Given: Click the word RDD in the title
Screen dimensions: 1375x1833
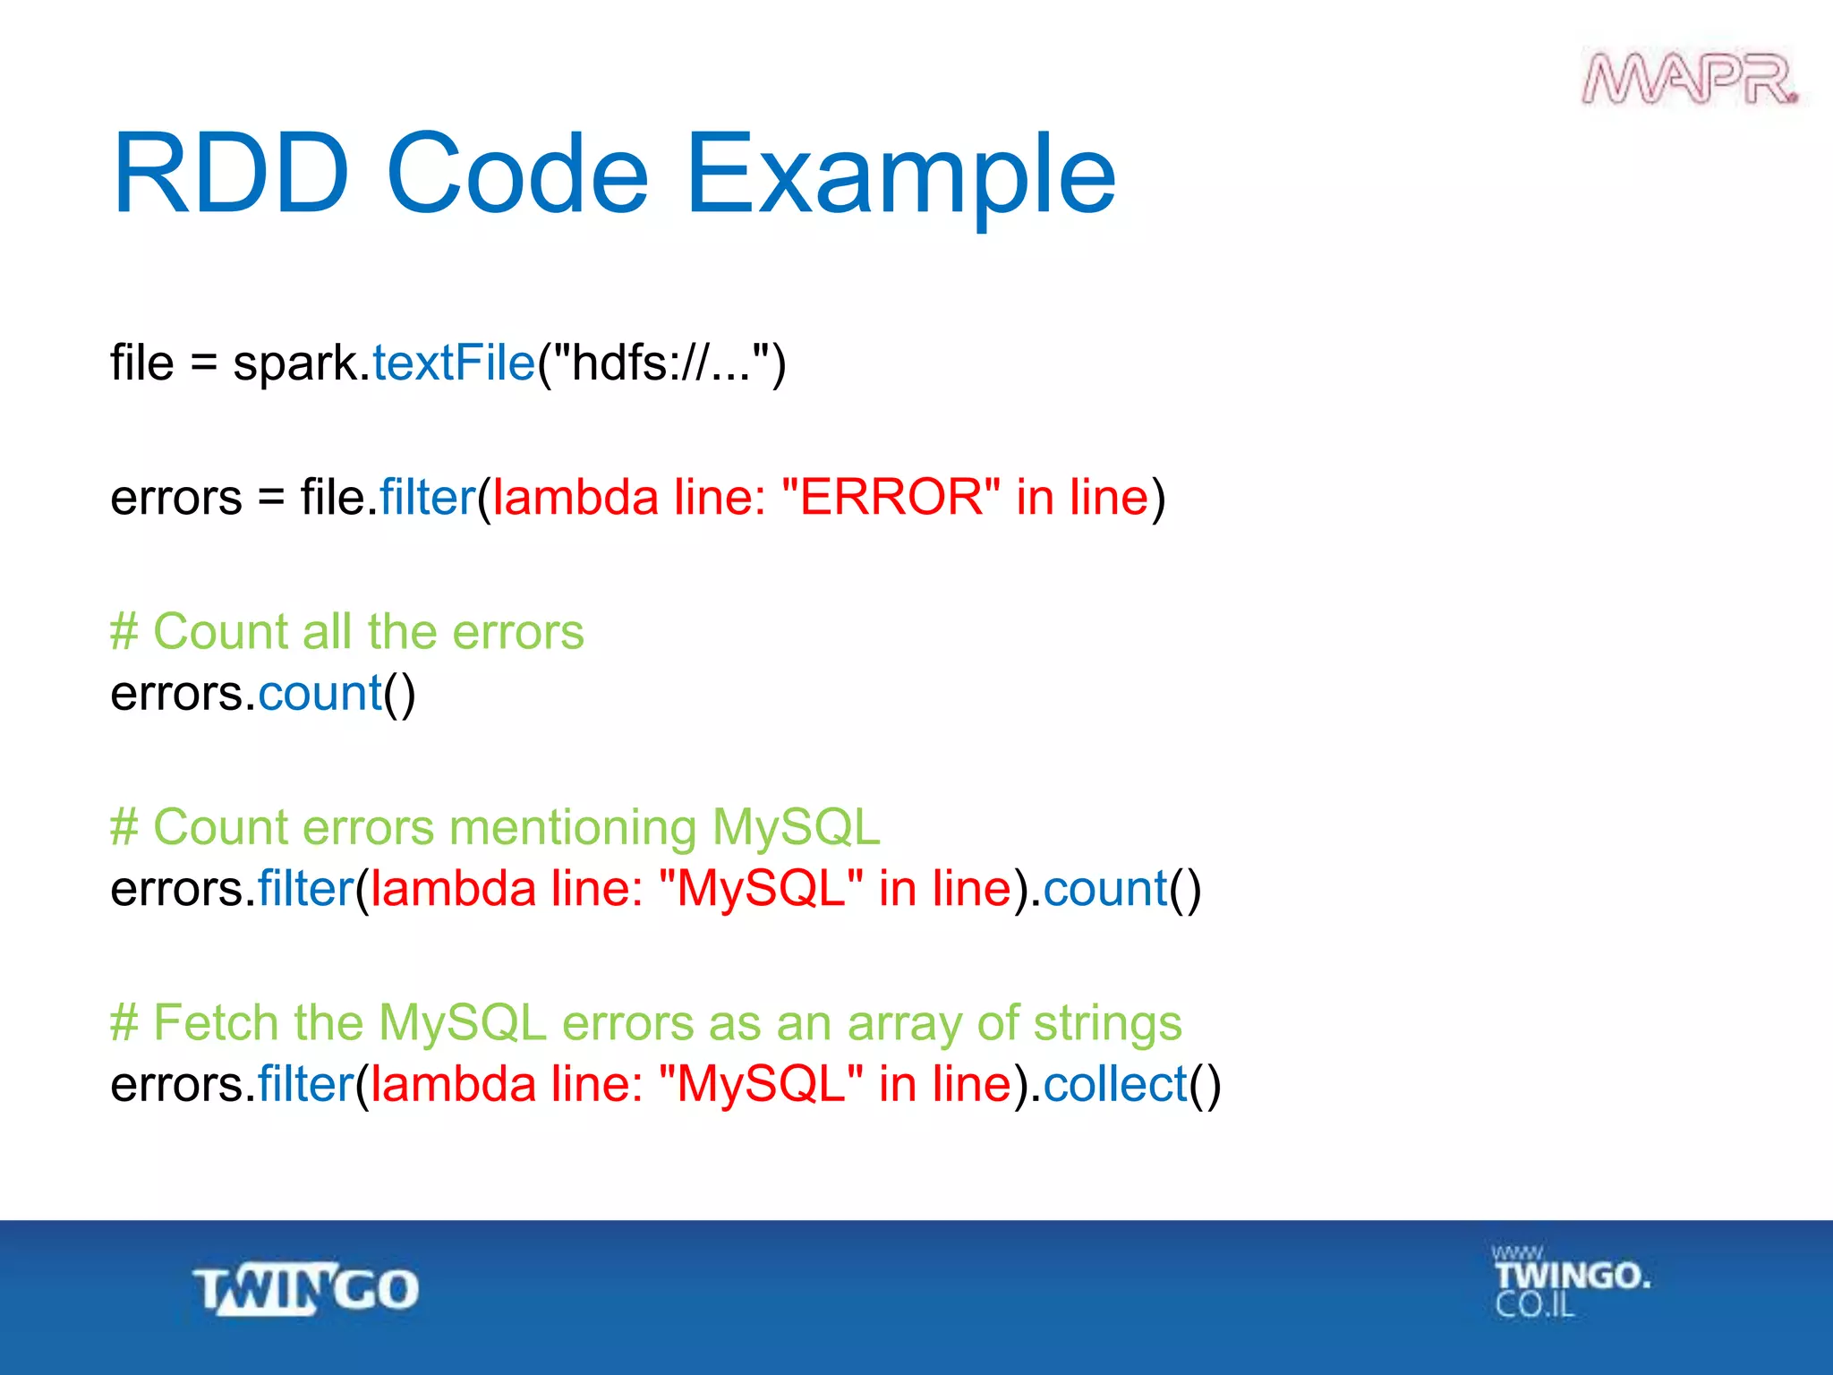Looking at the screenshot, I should click(x=230, y=174).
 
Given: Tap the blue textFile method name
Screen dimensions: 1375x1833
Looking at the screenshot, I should click(x=453, y=363).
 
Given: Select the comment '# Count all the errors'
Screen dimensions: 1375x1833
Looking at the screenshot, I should click(x=346, y=632).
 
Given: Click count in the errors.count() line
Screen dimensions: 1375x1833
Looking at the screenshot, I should click(x=320, y=695).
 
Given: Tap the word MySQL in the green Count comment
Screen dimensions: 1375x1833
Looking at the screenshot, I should click(x=796, y=827).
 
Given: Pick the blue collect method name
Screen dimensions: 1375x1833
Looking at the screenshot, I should click(x=1114, y=1085).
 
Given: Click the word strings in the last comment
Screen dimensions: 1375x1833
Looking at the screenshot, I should click(x=1107, y=1024).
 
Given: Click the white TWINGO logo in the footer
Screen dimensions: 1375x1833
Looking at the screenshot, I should click(x=306, y=1289).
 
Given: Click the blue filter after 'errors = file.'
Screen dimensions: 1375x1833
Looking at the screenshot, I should click(x=427, y=498).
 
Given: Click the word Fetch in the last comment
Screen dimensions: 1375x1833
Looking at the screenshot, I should click(x=216, y=1022).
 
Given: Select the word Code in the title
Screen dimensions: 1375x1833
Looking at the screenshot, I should click(x=517, y=174).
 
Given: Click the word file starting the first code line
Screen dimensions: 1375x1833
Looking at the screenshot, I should click(x=141, y=363).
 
